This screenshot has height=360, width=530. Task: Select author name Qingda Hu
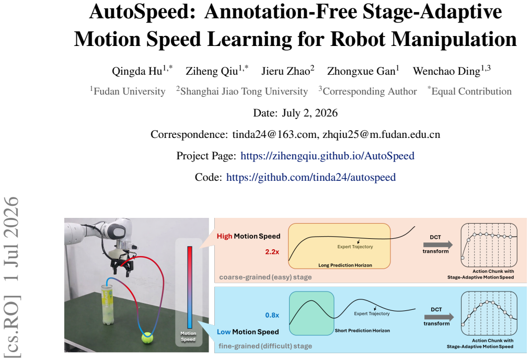tap(137, 72)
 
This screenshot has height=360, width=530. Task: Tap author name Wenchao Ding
tap(446, 72)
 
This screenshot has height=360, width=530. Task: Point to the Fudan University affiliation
tap(130, 91)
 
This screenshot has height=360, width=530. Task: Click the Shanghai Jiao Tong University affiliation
tap(244, 91)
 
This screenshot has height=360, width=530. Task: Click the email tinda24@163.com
tap(274, 134)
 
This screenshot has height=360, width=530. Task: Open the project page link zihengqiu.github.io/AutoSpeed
tap(327, 156)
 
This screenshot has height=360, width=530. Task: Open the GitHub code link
tap(311, 177)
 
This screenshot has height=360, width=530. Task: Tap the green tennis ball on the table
tap(147, 338)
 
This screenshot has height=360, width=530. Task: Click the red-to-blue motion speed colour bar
tap(190, 287)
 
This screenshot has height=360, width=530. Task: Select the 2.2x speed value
tap(272, 252)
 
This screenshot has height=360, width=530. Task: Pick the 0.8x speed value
tap(272, 316)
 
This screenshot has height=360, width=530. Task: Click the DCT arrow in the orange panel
tap(437, 245)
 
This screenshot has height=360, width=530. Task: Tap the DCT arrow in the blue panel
tap(439, 317)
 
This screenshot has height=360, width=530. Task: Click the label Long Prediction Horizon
tap(345, 265)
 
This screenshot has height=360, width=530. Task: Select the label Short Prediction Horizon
tap(362, 331)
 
